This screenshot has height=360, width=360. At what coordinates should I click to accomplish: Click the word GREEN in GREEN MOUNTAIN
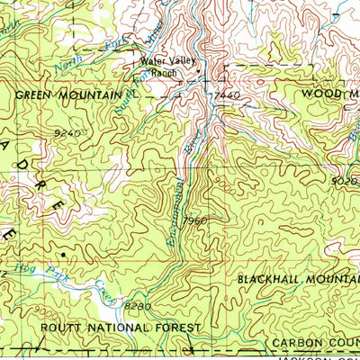pos(33,93)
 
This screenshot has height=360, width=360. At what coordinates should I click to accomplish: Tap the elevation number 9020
pos(345,180)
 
